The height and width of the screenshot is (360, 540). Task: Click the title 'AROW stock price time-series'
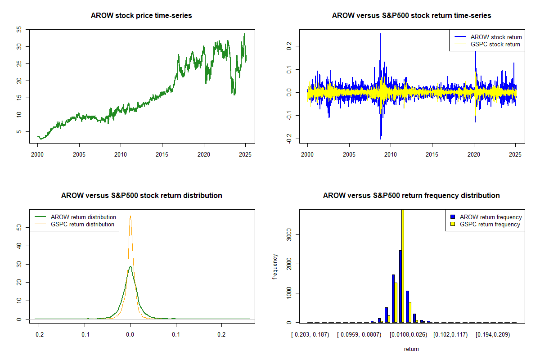tap(141, 16)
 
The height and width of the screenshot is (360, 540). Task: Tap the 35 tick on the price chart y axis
tap(19, 30)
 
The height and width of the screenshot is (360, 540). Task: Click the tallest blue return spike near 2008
tap(380, 34)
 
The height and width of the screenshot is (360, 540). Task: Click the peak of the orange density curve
tap(130, 216)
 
